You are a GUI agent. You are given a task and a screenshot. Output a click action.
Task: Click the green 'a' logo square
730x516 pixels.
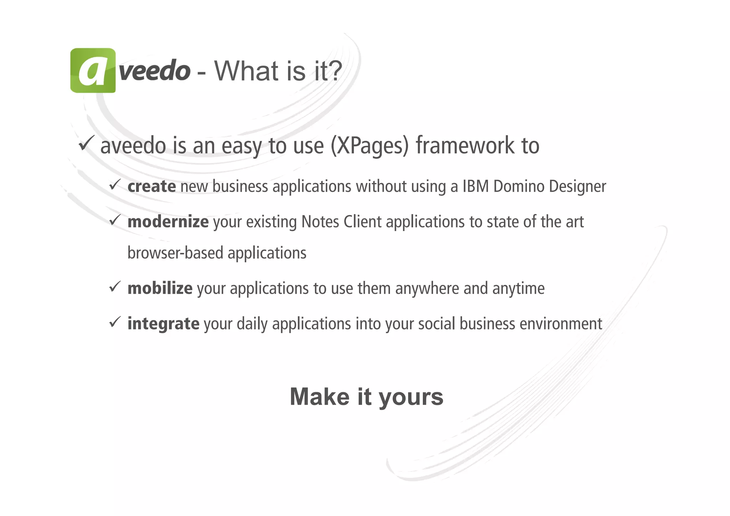[x=93, y=71]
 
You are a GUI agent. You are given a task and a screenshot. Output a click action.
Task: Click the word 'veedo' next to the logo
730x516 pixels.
[x=154, y=71]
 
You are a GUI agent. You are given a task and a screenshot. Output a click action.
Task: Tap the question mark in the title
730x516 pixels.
[x=334, y=71]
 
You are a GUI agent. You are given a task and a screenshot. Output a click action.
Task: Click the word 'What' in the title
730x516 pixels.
[x=246, y=71]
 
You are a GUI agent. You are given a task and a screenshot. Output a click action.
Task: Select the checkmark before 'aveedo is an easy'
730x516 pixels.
[x=86, y=143]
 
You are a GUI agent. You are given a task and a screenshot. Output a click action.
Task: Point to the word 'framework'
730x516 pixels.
[x=465, y=145]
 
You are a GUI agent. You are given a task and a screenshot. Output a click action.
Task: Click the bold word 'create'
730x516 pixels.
[x=151, y=187]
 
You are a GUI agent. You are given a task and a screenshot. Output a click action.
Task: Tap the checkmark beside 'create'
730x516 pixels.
[x=115, y=184]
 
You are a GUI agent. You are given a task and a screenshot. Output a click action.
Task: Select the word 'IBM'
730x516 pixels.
[x=475, y=187]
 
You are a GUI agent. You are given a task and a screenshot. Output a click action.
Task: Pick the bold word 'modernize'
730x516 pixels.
[x=168, y=222]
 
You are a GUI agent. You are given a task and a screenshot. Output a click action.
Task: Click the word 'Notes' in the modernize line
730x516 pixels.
[x=320, y=222]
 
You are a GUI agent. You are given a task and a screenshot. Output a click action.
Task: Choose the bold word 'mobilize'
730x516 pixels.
[x=160, y=288]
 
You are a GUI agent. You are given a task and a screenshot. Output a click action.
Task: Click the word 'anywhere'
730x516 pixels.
[x=427, y=288]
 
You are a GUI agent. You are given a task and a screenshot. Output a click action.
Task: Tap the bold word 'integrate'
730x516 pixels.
[x=163, y=324]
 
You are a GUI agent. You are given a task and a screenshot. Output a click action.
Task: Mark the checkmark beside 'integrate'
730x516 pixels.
[x=115, y=322]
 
